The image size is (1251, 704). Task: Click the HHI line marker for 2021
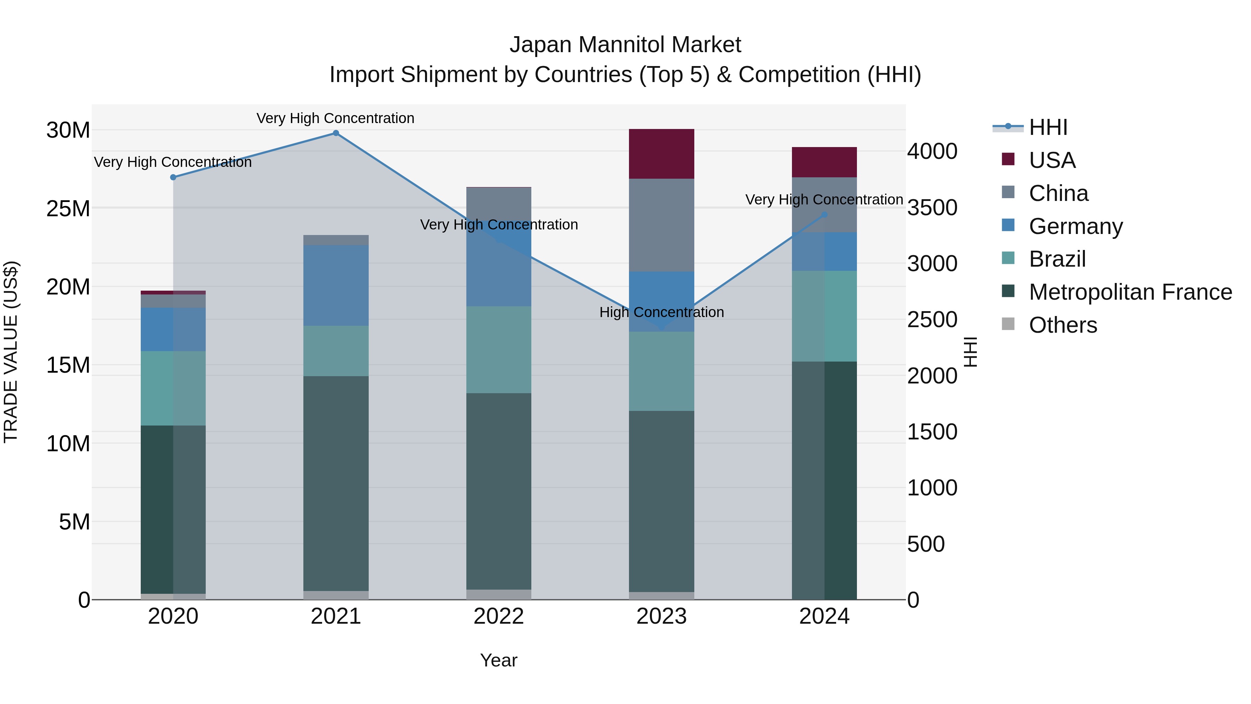coord(336,133)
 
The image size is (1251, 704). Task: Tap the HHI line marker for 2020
coord(173,177)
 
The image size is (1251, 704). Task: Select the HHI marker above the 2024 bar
coord(824,214)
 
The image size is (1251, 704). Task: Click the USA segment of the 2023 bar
coord(661,154)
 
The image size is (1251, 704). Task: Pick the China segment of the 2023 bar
coord(661,225)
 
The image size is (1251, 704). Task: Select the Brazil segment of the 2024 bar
coord(824,316)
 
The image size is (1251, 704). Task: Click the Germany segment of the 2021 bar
coord(336,285)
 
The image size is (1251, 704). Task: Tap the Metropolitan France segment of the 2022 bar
coord(499,491)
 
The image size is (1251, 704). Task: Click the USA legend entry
coord(1052,160)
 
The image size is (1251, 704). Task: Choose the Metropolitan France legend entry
coord(1130,292)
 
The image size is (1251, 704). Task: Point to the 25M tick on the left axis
coord(68,209)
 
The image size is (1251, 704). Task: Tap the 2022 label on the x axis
coord(499,616)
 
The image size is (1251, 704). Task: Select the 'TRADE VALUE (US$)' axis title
coord(11,352)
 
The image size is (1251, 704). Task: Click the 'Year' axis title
coord(499,660)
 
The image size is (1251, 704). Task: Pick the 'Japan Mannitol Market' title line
coord(625,45)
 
